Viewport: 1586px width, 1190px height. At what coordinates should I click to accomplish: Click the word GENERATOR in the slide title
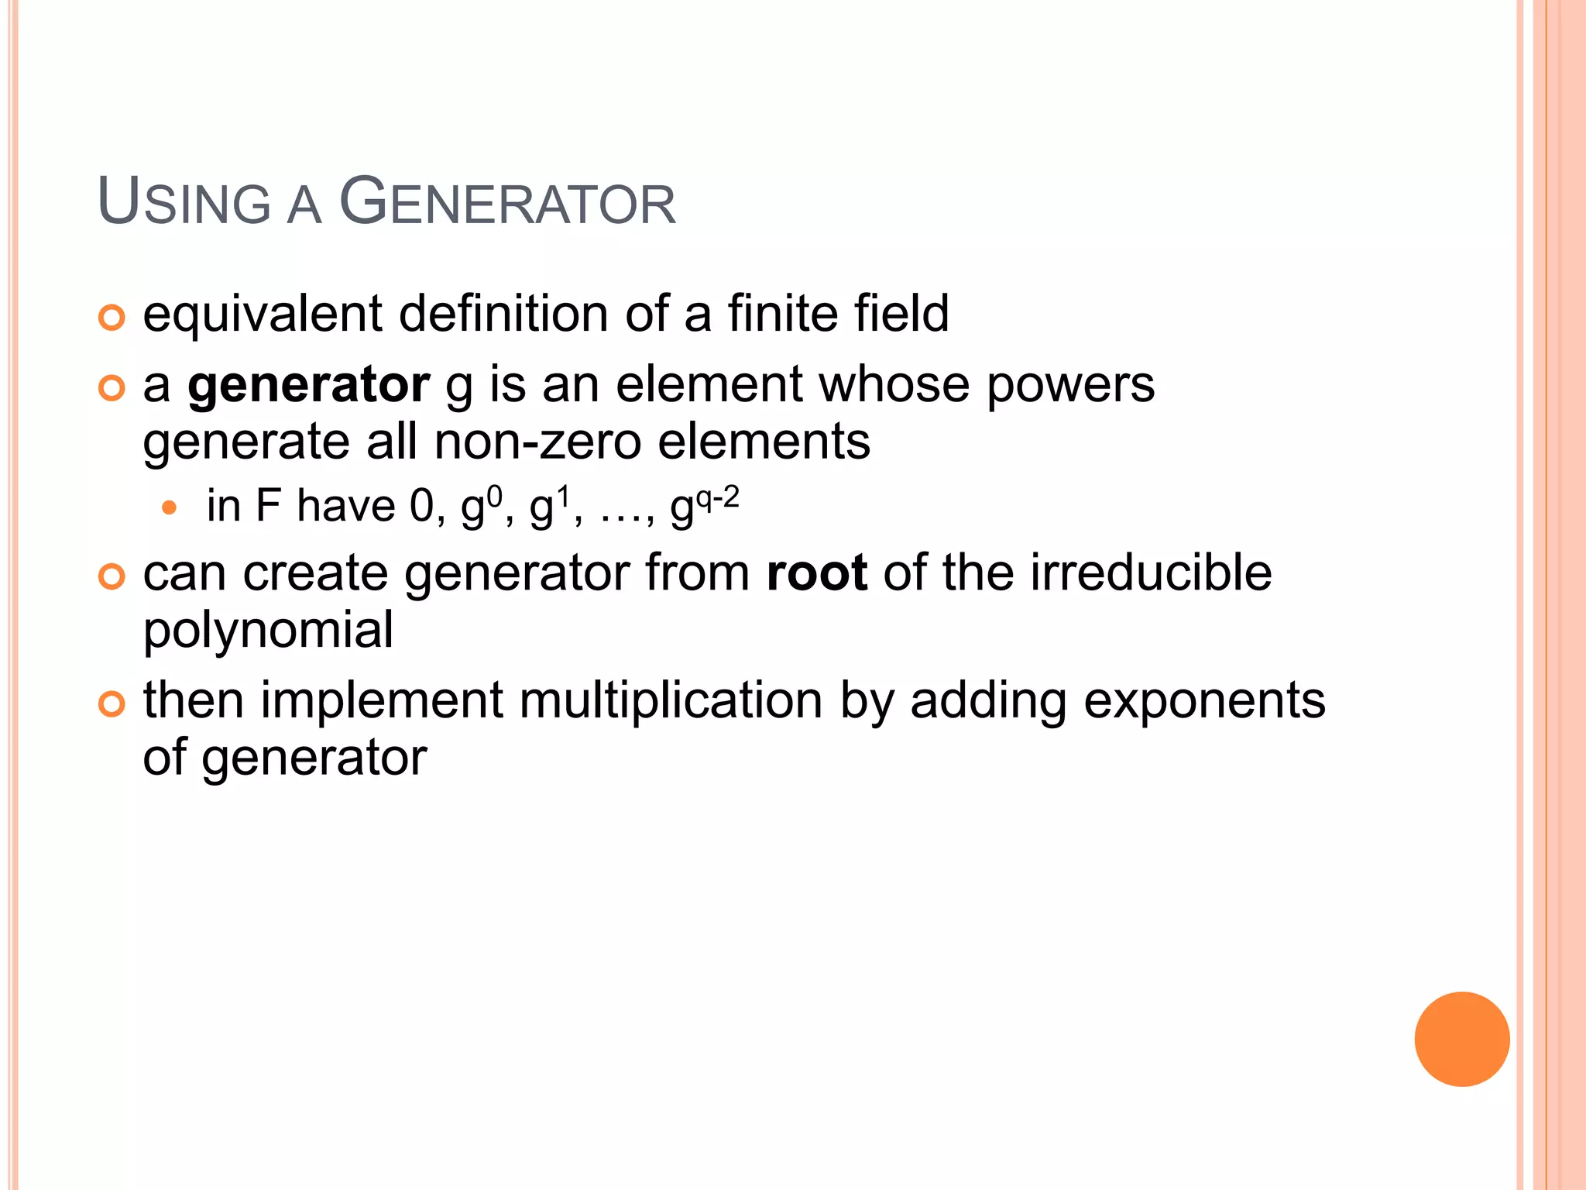508,203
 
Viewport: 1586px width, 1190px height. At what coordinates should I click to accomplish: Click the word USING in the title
184,203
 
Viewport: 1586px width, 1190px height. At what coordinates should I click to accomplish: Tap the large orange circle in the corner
1461,1039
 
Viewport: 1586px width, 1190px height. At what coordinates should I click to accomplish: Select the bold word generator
308,385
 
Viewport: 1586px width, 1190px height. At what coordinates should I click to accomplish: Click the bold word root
816,573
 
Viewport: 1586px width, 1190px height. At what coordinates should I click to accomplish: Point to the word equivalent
263,314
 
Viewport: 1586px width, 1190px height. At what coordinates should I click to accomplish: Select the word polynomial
268,630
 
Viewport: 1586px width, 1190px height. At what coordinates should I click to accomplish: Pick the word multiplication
671,701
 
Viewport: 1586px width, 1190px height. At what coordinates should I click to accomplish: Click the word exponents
1204,701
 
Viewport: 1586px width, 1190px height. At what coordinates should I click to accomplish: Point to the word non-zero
538,442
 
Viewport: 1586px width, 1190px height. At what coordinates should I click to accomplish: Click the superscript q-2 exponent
717,497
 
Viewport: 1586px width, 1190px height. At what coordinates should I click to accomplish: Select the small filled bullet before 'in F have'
170,509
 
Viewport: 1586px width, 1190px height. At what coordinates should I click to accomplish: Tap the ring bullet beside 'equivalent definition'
112,318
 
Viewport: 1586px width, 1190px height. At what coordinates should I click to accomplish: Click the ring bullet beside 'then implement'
112,704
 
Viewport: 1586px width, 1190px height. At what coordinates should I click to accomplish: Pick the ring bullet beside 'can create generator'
112,577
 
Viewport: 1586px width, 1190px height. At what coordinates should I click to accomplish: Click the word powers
1070,385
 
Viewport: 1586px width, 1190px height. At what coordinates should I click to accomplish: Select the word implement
382,701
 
